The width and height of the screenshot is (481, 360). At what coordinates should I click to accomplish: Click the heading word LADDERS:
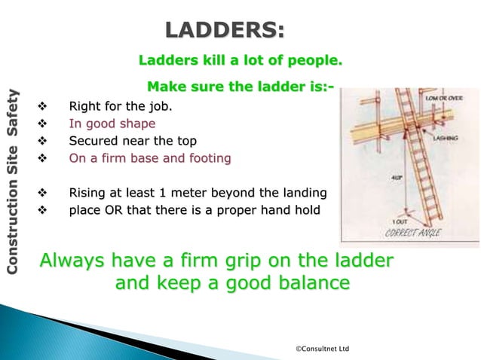click(x=225, y=31)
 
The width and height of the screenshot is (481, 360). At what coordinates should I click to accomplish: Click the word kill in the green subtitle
click(x=215, y=59)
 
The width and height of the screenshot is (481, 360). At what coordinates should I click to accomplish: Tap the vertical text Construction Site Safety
click(x=13, y=181)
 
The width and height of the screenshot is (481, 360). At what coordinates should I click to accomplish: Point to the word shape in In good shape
click(x=136, y=124)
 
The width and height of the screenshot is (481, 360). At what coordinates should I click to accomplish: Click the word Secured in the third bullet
click(x=92, y=141)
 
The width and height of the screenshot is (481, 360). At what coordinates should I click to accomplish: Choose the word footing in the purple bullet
click(x=209, y=159)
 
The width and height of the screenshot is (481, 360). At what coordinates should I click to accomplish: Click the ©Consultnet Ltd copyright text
click(x=322, y=349)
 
